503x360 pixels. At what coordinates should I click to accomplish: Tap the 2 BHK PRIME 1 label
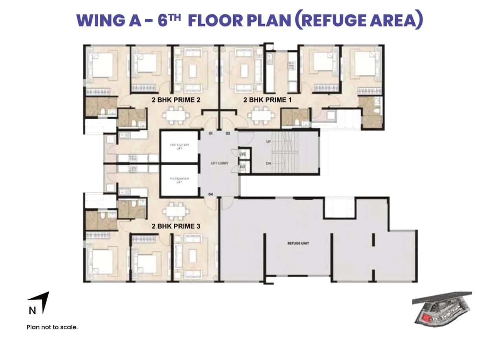(267, 100)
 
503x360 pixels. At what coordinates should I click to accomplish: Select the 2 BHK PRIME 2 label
(176, 100)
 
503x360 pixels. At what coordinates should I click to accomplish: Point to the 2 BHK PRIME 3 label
(176, 226)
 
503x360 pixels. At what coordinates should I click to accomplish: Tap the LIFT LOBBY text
(219, 163)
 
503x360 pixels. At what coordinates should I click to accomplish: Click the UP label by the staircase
(269, 141)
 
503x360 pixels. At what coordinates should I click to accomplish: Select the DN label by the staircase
(269, 163)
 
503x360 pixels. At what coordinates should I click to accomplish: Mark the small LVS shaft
(242, 154)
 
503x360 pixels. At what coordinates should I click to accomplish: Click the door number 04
(211, 194)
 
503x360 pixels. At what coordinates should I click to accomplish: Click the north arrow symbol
(44, 301)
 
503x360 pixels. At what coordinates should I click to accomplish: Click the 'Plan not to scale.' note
(52, 327)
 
